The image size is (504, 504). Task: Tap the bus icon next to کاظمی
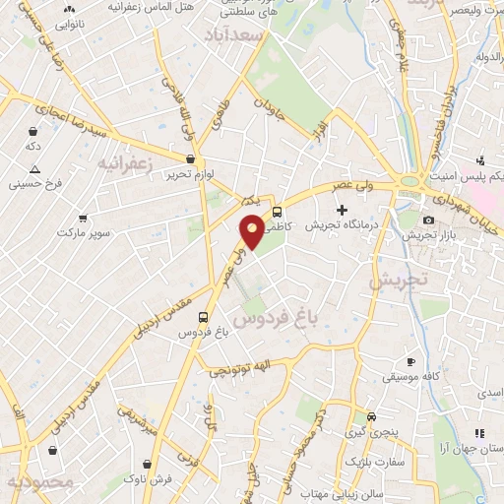(278, 211)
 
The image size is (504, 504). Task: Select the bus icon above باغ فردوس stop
(203, 317)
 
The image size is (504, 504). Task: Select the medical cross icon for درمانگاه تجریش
(342, 210)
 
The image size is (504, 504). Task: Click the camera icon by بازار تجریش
(428, 220)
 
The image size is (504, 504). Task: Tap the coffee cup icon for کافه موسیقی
(410, 362)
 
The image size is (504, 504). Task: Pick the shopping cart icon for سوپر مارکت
(83, 219)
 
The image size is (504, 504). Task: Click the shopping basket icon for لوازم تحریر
(190, 157)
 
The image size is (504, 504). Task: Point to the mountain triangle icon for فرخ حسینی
(33, 169)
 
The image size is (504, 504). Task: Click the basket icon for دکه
(33, 131)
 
